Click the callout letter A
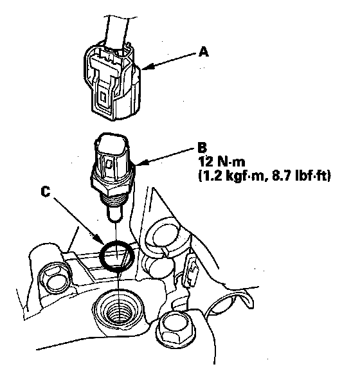point(204,52)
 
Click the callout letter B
point(202,148)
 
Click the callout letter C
point(46,192)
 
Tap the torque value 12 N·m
point(222,162)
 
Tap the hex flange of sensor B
point(113,186)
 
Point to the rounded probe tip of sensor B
point(114,215)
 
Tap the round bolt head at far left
point(55,279)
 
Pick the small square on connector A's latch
point(104,97)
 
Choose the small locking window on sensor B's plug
point(109,164)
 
